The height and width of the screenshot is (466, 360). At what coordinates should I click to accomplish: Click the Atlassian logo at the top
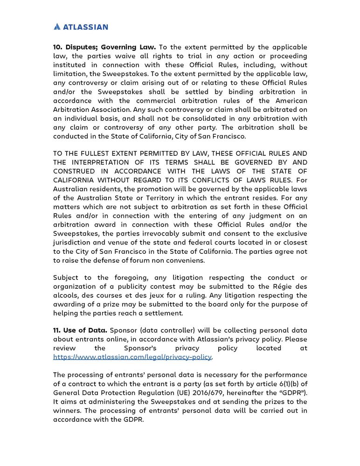tap(81, 27)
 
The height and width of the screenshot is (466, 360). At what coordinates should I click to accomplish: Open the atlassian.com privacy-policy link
tap(133, 357)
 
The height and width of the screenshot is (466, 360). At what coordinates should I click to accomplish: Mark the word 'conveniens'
tap(184, 259)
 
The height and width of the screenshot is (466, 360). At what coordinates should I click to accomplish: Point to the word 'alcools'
tap(65, 295)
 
